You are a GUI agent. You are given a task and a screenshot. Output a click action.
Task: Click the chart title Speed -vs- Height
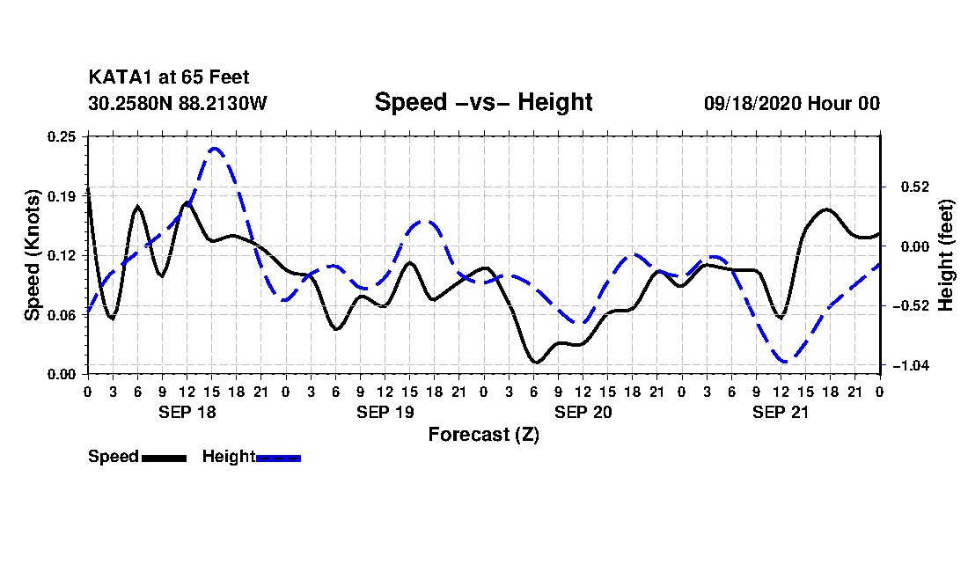(483, 102)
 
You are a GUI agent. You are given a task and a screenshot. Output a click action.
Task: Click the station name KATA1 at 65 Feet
(169, 78)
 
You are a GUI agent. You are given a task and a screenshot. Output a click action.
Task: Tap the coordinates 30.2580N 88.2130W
(177, 103)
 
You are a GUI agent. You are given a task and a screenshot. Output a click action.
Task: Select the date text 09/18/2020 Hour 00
(791, 103)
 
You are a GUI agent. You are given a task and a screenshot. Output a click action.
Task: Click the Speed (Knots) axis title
(33, 254)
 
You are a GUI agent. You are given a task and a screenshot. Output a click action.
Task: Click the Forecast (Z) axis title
(483, 435)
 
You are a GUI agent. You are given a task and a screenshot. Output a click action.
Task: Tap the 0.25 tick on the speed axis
(62, 136)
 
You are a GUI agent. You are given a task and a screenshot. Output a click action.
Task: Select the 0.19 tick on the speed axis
(62, 195)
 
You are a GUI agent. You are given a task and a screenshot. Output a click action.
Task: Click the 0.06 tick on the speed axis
(62, 314)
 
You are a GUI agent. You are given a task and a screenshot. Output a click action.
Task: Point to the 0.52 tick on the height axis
(908, 187)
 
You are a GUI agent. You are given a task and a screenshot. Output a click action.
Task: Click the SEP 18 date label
(187, 412)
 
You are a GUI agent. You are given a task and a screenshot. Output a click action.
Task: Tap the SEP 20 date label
(583, 412)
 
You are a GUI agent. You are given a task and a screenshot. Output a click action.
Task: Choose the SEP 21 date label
(781, 412)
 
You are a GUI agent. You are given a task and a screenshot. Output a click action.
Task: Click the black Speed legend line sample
(164, 458)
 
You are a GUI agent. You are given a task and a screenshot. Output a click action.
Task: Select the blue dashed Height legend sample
(279, 458)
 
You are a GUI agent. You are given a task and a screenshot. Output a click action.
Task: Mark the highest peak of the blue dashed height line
(215, 148)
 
